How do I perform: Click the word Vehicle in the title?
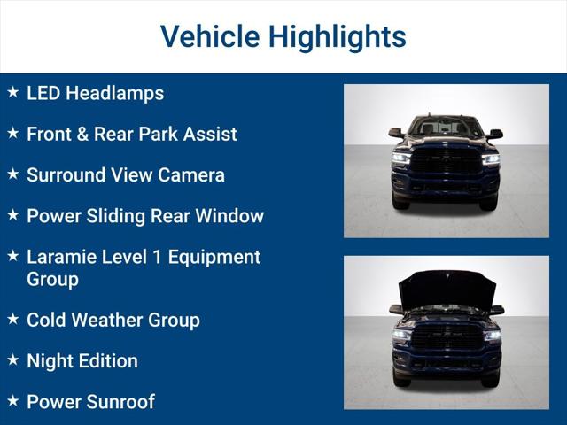[x=209, y=37]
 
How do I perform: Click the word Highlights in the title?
[x=337, y=37]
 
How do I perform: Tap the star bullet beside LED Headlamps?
[x=12, y=92]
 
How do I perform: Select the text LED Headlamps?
[x=95, y=93]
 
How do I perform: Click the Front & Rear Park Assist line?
[x=131, y=134]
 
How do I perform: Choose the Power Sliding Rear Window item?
[x=144, y=215]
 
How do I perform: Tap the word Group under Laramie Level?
[x=52, y=279]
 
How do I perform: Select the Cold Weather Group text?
[x=113, y=320]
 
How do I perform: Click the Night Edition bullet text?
[x=82, y=360]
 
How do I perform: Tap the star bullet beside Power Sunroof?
[x=12, y=400]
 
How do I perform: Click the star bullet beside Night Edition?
[x=12, y=359]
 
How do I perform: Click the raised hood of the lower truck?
[x=446, y=289]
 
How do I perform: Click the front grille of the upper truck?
[x=446, y=162]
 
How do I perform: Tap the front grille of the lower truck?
[x=446, y=336]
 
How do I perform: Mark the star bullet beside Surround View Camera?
[x=12, y=174]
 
